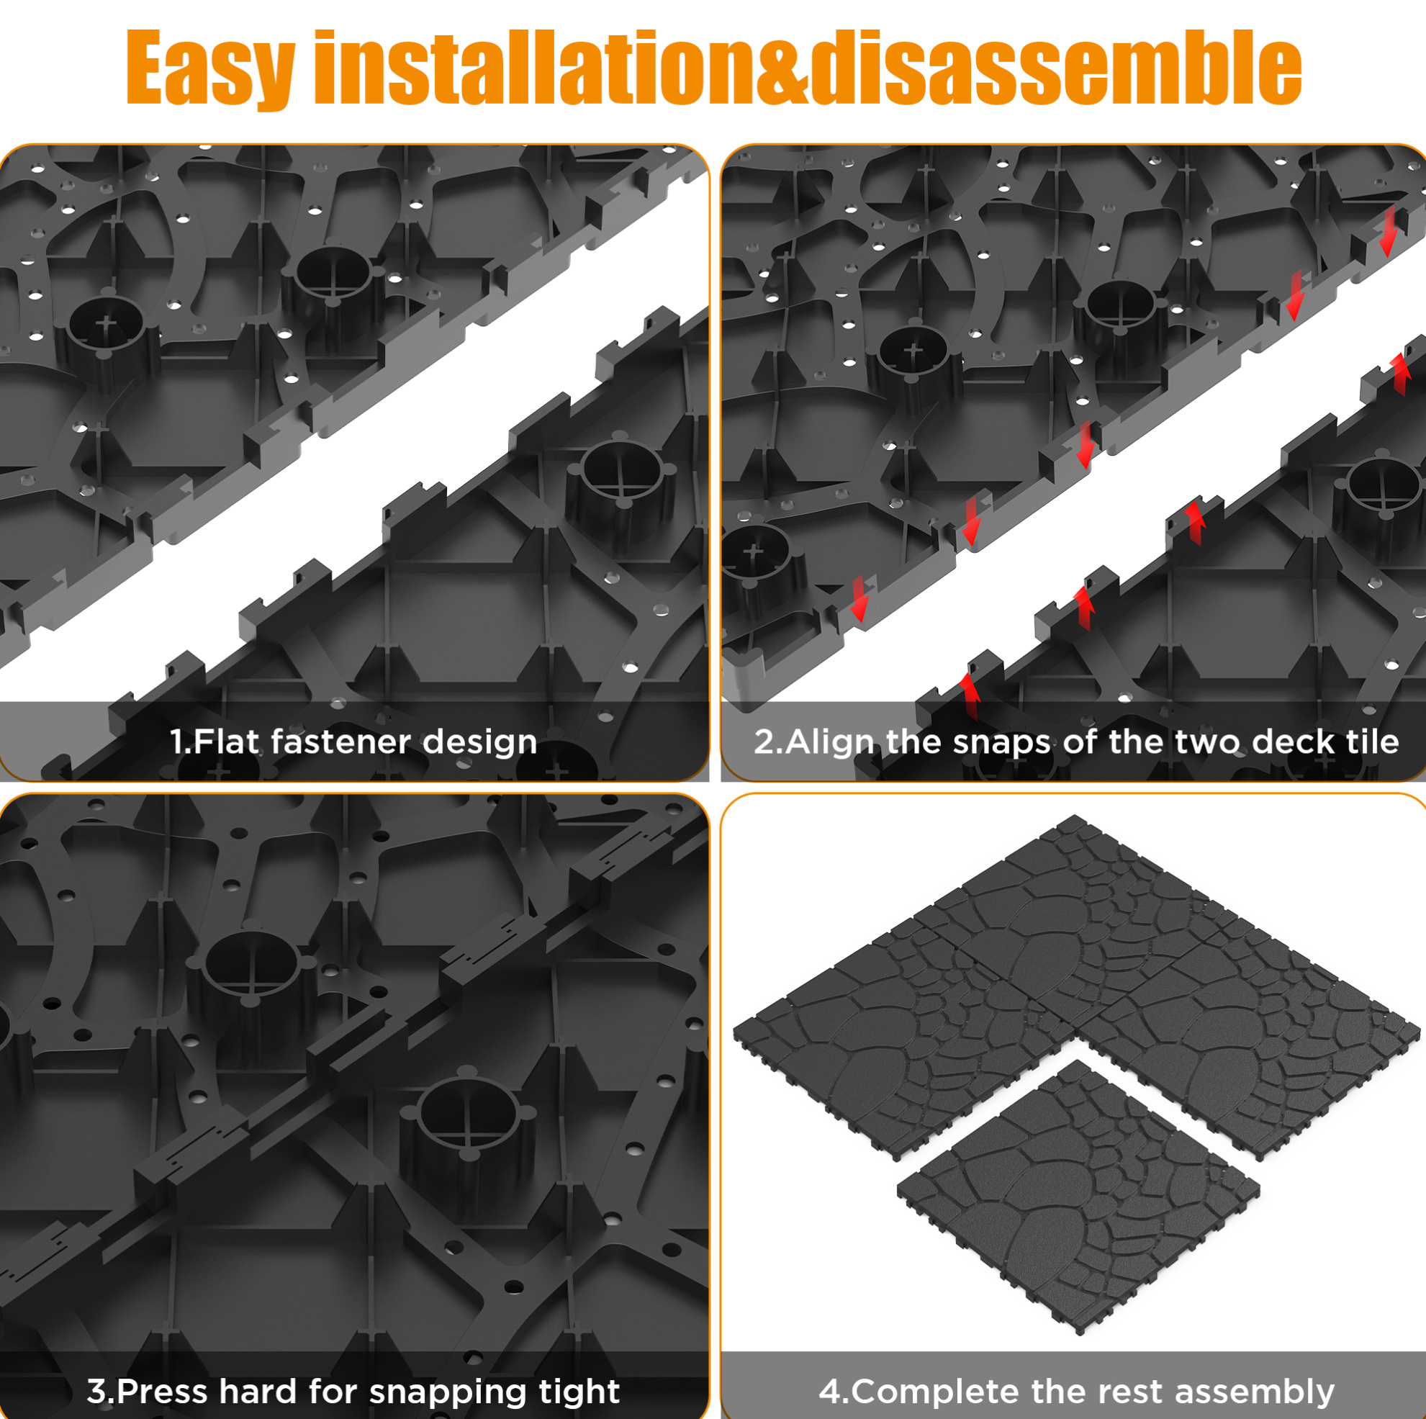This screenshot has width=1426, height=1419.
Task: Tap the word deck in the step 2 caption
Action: pyautogui.click(x=1286, y=742)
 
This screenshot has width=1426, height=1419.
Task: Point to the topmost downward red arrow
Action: pyautogui.click(x=1389, y=231)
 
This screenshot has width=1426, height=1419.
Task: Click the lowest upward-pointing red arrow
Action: pyautogui.click(x=969, y=696)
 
